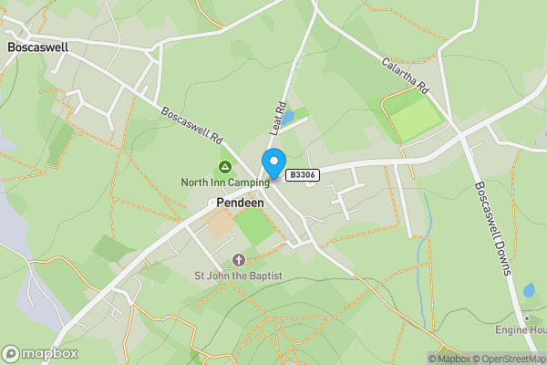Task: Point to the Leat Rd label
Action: (x=278, y=115)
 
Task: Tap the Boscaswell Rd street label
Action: (x=191, y=127)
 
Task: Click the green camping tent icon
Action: (x=224, y=168)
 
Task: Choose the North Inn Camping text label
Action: (x=224, y=182)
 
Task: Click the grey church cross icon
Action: (x=239, y=261)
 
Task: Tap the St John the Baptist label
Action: (x=238, y=276)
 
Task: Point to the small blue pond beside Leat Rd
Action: (x=287, y=119)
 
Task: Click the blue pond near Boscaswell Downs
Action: (x=530, y=291)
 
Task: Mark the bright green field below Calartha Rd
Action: (x=415, y=117)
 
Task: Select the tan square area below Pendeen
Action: (x=219, y=224)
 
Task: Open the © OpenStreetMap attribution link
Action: (x=506, y=359)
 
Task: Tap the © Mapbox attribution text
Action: (x=448, y=359)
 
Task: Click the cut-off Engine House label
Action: (x=521, y=329)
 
